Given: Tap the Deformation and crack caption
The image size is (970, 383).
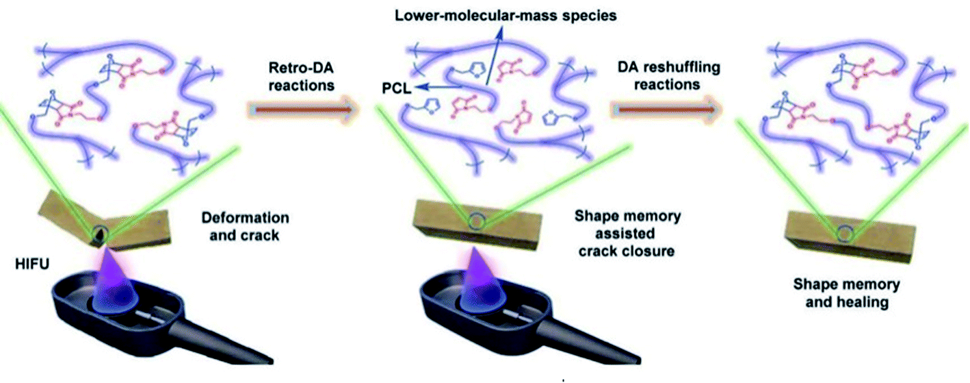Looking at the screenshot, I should pyautogui.click(x=246, y=227).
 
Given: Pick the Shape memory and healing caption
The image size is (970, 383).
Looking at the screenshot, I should pyautogui.click(x=846, y=293).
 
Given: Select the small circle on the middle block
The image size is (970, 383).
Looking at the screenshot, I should pyautogui.click(x=474, y=221).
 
